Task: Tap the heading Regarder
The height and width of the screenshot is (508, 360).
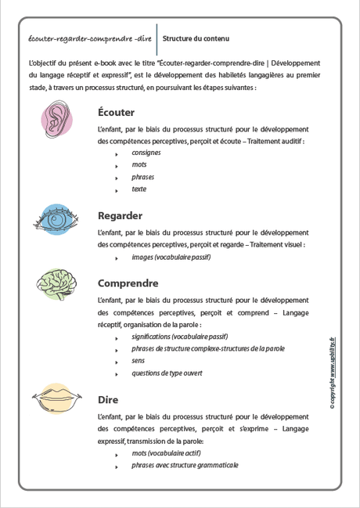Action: [x=120, y=215]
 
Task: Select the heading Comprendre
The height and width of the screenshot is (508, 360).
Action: [x=128, y=283]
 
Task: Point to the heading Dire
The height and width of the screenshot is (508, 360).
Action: [x=108, y=399]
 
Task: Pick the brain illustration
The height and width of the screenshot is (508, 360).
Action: [x=56, y=285]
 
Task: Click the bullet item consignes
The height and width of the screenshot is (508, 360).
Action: [x=146, y=153]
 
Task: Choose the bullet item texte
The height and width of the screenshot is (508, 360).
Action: [x=139, y=189]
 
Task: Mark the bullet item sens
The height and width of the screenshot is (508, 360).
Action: [x=139, y=361]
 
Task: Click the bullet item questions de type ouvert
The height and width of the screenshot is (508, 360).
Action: [x=167, y=373]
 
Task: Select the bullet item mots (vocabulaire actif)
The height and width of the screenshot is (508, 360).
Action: [x=166, y=453]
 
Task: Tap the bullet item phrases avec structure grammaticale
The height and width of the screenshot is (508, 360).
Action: [x=185, y=466]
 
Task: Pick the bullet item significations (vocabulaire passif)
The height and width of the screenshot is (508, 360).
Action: [x=179, y=337]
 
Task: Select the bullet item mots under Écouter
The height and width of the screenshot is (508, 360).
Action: [x=139, y=165]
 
